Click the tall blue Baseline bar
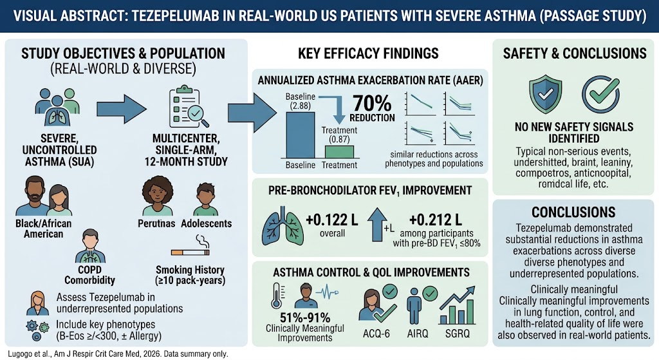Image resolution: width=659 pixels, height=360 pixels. coord(300,135)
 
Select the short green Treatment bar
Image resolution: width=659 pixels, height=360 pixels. coord(339,152)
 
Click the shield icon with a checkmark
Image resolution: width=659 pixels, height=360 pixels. coord(546,94)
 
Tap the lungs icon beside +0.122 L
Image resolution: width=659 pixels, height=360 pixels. coord(281,226)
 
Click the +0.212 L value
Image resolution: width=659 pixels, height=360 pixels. coord(436,220)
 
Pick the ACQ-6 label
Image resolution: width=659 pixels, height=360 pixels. coord(376,334)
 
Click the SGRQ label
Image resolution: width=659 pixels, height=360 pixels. coord(458,334)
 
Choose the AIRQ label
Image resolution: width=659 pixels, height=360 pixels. coord(417,334)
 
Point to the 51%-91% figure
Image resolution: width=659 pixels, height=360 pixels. coord(304,317)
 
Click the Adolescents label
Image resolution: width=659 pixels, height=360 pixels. coord(207,223)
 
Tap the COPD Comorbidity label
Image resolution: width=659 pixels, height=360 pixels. coord(89,275)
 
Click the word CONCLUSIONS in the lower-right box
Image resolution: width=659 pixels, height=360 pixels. coord(573,212)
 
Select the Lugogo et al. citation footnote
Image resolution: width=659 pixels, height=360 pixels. coord(118,354)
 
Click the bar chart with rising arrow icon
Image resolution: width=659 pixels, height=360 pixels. coord(457,305)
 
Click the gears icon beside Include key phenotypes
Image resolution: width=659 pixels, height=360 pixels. coord(37,330)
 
